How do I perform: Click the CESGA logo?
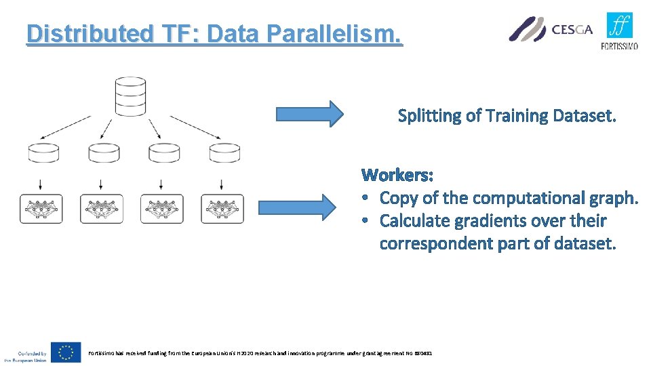pyautogui.click(x=551, y=29)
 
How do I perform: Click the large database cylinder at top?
pyautogui.click(x=130, y=96)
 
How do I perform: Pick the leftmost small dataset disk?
pyautogui.click(x=43, y=153)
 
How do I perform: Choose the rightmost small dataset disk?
pyautogui.click(x=224, y=153)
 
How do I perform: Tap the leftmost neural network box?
pyautogui.click(x=41, y=209)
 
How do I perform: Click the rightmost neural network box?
pyautogui.click(x=222, y=209)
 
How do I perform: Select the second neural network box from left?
pyautogui.click(x=101, y=209)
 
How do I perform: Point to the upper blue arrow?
pyautogui.click(x=309, y=114)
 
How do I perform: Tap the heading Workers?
pyautogui.click(x=398, y=176)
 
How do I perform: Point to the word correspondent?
pyautogui.click(x=436, y=243)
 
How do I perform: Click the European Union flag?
pyautogui.click(x=66, y=352)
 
